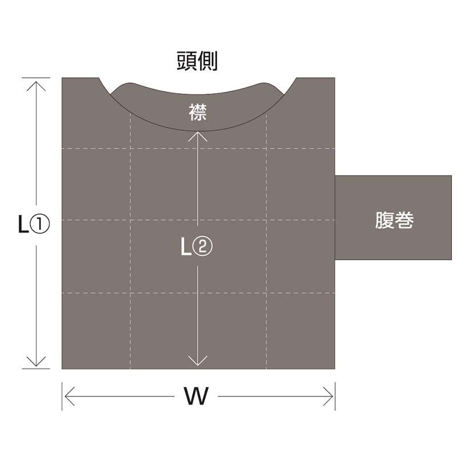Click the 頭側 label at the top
(197, 62)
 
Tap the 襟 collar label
(197, 112)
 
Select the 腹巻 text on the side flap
(394, 221)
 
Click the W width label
(196, 395)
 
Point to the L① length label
(34, 225)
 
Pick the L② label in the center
(197, 247)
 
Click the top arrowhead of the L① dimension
(37, 82)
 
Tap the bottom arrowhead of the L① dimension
(37, 364)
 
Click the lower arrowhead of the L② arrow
(198, 363)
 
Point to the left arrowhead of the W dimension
(66, 396)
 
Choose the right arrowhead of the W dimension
(331, 396)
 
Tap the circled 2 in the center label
(204, 247)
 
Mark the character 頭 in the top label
(187, 62)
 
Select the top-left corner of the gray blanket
(62, 78)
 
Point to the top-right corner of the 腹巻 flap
(451, 176)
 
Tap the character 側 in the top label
(207, 62)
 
